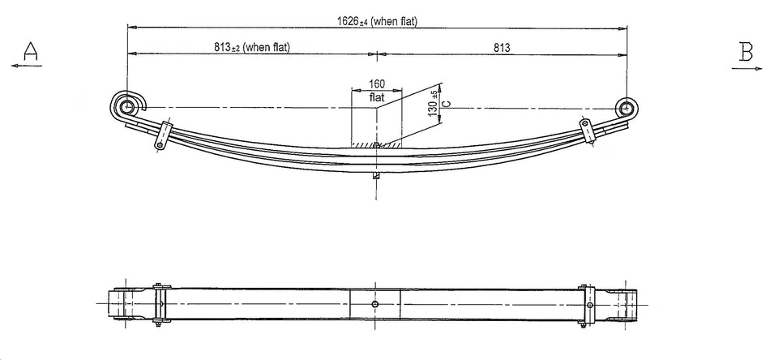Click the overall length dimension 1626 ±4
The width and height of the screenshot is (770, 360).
377,20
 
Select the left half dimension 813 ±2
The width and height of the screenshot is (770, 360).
251,48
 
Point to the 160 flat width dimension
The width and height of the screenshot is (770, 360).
376,84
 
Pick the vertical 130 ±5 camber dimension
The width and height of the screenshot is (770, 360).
433,104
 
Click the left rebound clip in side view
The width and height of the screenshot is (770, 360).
163,135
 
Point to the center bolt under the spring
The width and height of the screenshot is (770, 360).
376,175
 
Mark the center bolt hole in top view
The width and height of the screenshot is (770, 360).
374,304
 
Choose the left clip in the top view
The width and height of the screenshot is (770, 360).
160,304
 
